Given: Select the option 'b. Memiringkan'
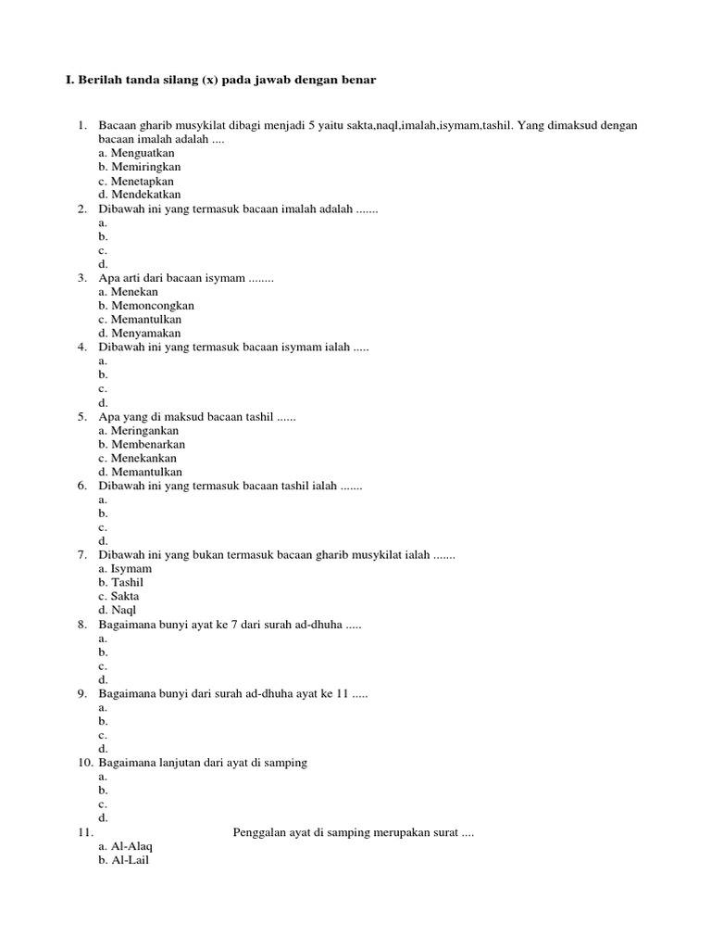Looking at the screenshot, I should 139,168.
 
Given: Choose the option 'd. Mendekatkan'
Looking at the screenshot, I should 139,196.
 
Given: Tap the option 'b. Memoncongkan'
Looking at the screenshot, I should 145,306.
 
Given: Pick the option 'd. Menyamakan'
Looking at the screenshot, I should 139,334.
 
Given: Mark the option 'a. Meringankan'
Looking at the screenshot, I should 138,431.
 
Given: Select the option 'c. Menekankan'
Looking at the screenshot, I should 137,459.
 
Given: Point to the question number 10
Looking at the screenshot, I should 83,763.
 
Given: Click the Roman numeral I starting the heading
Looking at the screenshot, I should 68,81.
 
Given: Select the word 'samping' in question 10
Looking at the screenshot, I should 286,763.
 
